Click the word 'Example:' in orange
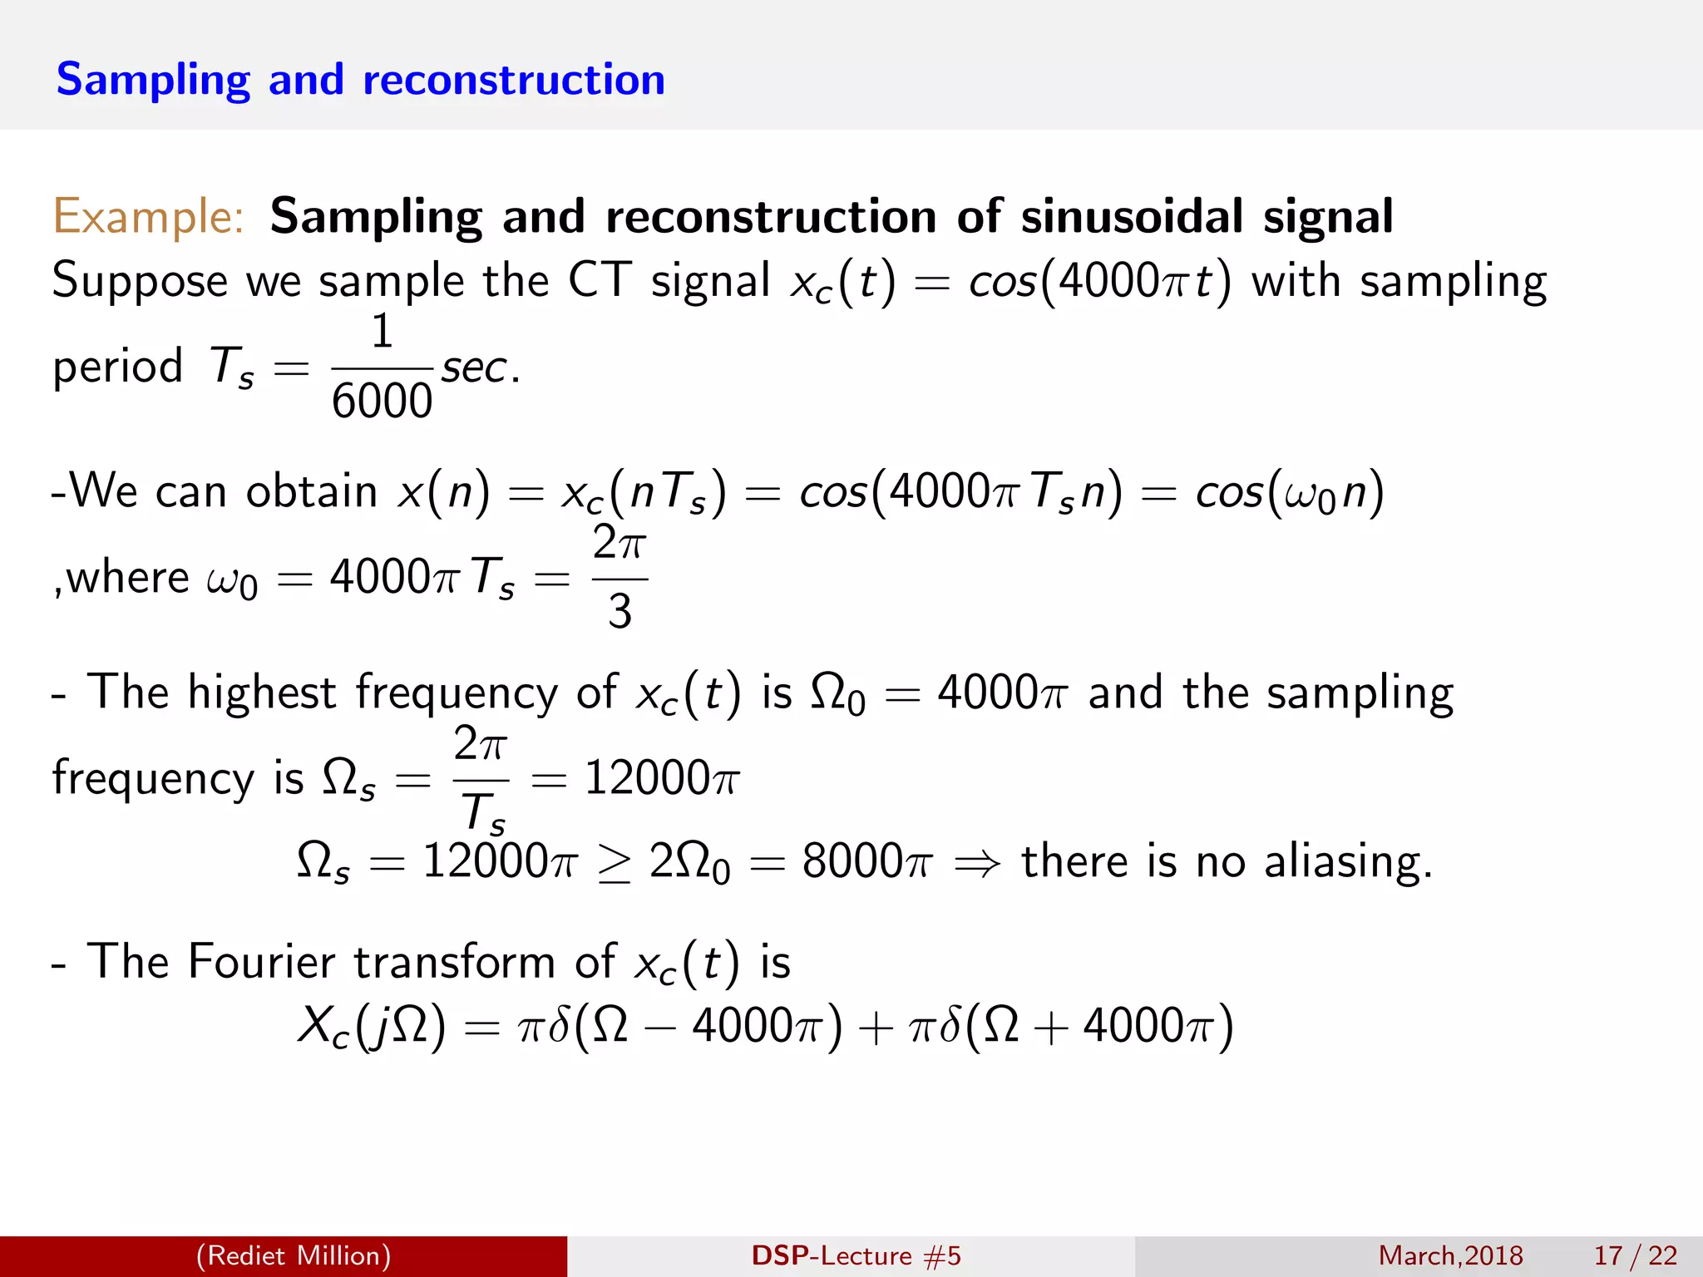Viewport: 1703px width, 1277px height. pyautogui.click(x=148, y=216)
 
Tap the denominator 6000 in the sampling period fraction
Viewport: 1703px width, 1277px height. pyautogui.click(x=382, y=402)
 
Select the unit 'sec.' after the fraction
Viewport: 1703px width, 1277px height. pyautogui.click(x=480, y=367)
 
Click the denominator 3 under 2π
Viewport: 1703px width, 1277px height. pyautogui.click(x=619, y=612)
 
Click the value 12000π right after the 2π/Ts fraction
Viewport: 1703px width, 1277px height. pyautogui.click(x=661, y=778)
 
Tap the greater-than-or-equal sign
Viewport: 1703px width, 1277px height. pyautogui.click(x=614, y=863)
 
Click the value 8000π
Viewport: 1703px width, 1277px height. pyautogui.click(x=867, y=861)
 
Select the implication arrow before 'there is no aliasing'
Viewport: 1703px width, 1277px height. pyautogui.click(x=977, y=863)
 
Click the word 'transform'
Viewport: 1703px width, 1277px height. pyautogui.click(x=454, y=962)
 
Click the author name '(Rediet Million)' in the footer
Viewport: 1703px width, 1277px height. pyautogui.click(x=294, y=1255)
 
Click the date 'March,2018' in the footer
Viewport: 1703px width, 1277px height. pyautogui.click(x=1450, y=1255)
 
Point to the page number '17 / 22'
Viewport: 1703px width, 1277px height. pyautogui.click(x=1635, y=1255)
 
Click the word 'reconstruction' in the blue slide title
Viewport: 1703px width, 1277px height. pyautogui.click(x=514, y=80)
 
